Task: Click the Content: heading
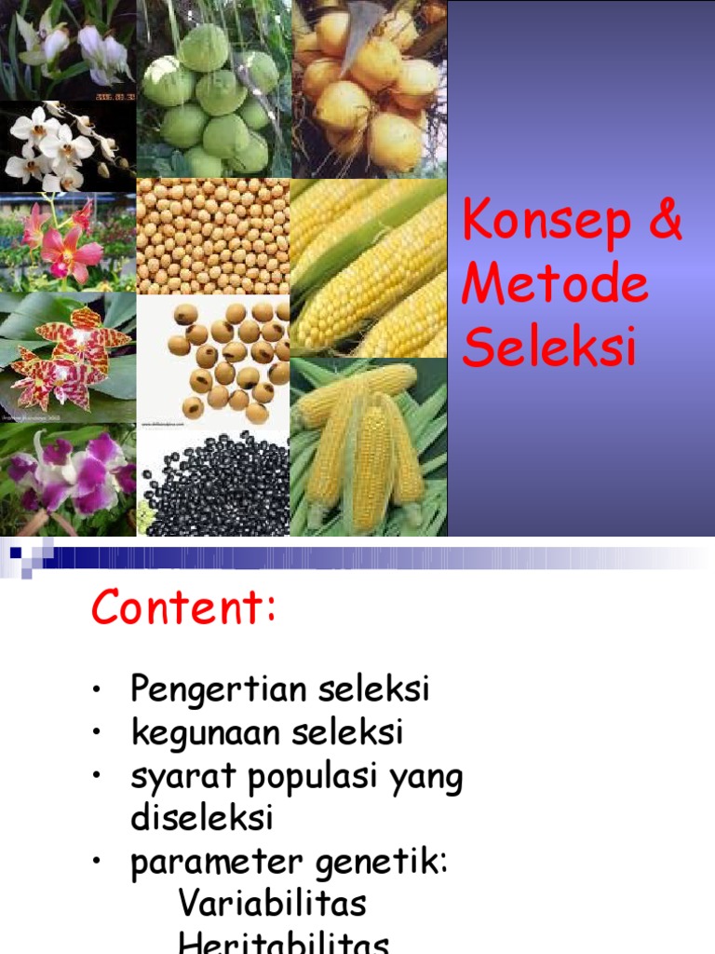click(x=183, y=609)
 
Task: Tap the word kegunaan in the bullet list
click(x=206, y=733)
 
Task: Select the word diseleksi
click(x=202, y=818)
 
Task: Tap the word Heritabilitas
click(x=283, y=943)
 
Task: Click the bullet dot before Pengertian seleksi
click(x=97, y=691)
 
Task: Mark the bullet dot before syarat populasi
click(x=97, y=776)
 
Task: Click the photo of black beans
click(x=214, y=484)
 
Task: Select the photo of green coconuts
click(x=214, y=89)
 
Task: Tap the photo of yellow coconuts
click(x=369, y=89)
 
